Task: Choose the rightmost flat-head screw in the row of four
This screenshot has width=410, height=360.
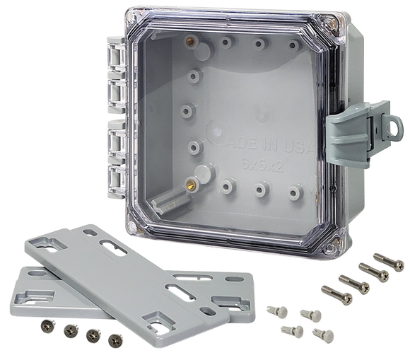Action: pyautogui.click(x=112, y=341)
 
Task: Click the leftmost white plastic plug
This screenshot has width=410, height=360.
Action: pyautogui.click(x=272, y=309)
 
